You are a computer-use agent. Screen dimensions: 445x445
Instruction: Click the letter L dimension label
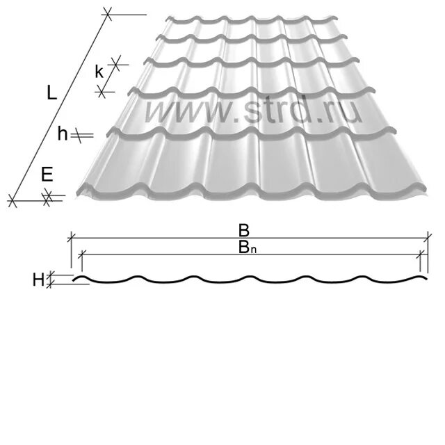click(51, 93)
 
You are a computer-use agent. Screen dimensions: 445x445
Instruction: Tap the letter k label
click(100, 71)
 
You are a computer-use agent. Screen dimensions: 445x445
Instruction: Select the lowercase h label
click(63, 135)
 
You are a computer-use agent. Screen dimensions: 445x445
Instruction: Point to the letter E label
click(47, 175)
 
